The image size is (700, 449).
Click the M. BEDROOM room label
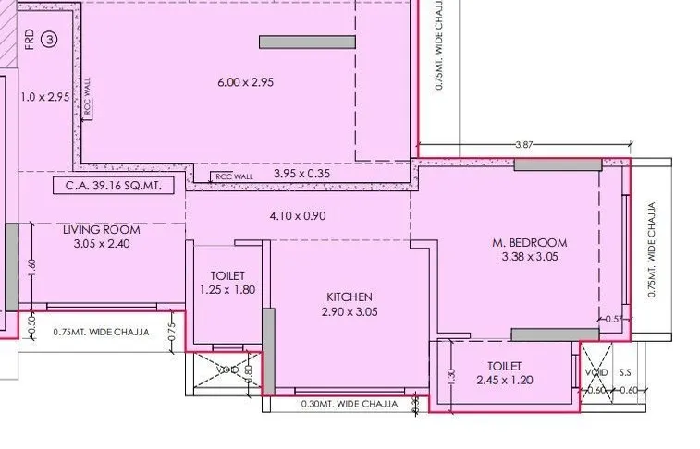[529, 243]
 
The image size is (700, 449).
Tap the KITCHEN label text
[350, 297]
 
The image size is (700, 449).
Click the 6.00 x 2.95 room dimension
[245, 82]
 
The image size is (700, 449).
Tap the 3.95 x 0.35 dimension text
[302, 173]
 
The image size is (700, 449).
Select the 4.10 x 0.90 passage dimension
[297, 216]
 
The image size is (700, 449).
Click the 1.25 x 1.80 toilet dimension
[227, 290]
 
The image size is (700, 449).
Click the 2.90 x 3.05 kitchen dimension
[350, 311]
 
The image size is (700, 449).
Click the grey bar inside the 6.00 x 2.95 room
[306, 42]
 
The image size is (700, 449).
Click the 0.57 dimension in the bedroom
[614, 319]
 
